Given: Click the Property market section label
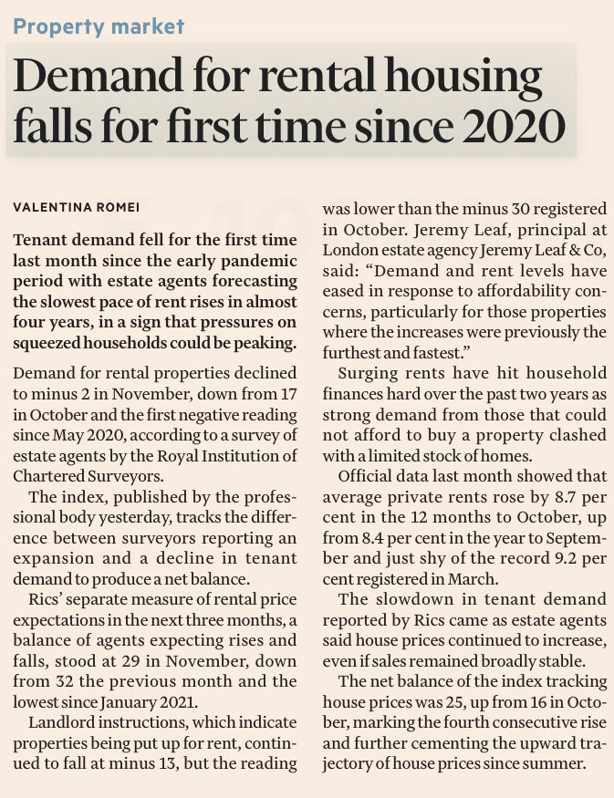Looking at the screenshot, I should pos(99,26).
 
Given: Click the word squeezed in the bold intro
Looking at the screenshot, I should pos(55,344).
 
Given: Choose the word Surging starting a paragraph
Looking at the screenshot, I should pos(367,373).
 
